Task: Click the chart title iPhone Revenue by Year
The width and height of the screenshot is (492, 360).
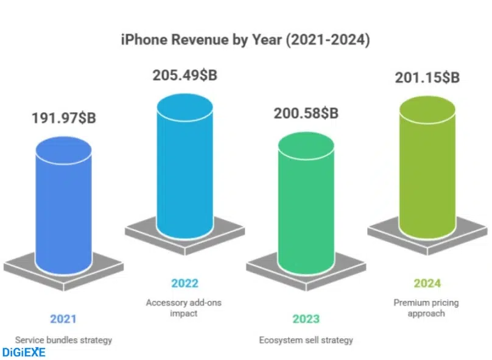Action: tap(245, 40)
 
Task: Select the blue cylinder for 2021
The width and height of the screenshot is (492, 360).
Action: tap(63, 207)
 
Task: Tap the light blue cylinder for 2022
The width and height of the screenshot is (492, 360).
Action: tap(184, 164)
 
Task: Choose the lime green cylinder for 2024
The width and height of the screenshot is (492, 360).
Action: tap(427, 164)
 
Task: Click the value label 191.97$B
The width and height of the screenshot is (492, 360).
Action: tap(63, 118)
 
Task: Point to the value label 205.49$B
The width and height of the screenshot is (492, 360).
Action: tap(184, 76)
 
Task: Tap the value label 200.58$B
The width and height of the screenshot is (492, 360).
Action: tap(306, 113)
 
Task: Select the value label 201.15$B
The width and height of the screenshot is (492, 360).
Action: tap(427, 77)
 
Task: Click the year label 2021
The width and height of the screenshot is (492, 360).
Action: tap(63, 319)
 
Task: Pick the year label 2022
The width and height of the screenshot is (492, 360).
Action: tap(184, 283)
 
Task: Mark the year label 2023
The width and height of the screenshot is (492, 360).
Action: tap(306, 319)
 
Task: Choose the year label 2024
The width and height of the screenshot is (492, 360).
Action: tap(427, 283)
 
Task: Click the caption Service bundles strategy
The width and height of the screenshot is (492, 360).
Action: tap(63, 340)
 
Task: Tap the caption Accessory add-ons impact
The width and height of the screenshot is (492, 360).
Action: tap(184, 308)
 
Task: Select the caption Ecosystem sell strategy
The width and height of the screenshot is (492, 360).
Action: tap(306, 340)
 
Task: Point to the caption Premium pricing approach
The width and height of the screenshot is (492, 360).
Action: tap(427, 308)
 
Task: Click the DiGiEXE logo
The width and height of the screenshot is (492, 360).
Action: tap(24, 352)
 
